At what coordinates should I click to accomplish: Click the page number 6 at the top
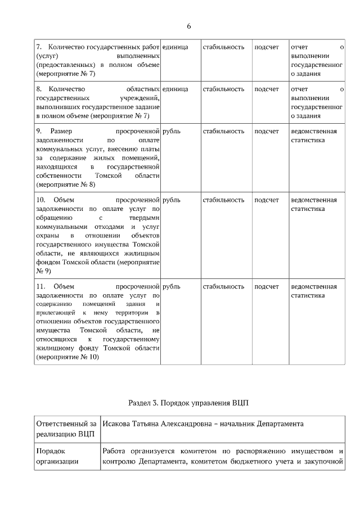pos(188,26)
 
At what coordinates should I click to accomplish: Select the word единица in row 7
pos(175,47)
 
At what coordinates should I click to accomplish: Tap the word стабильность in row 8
pos(223,89)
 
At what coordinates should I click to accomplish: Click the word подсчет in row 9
pos(266,131)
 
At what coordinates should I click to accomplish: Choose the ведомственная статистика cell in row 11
pos(313,291)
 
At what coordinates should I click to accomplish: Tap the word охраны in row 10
pos(47,235)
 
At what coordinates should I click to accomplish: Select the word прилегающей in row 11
pos(56,313)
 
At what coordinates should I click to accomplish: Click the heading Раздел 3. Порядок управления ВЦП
pos(188,403)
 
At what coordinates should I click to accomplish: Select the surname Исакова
pos(118,424)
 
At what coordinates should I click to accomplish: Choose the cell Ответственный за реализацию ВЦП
pos(65,429)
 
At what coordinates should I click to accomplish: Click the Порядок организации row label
pos(56,457)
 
